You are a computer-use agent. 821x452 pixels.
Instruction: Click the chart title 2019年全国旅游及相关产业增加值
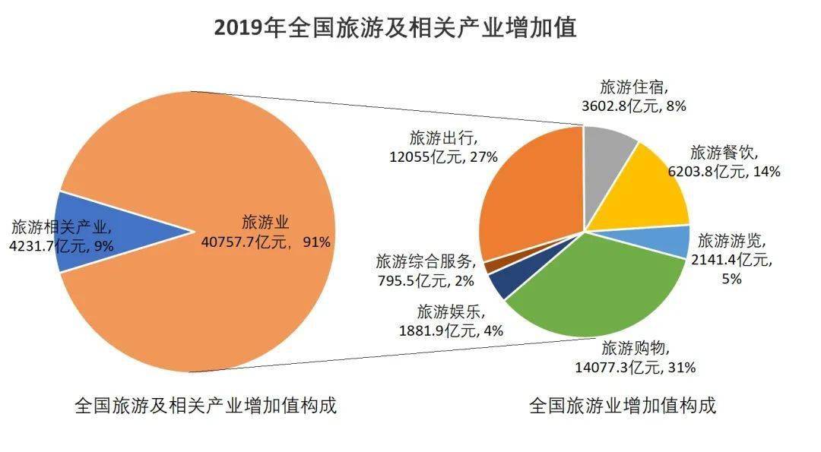coord(395,27)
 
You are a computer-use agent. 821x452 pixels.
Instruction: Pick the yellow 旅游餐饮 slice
coord(646,194)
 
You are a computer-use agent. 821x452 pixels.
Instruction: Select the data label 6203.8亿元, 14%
coord(724,172)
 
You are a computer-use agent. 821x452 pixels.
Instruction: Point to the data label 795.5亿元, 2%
coord(426,280)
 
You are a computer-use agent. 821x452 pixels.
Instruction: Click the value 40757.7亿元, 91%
coord(265,242)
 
